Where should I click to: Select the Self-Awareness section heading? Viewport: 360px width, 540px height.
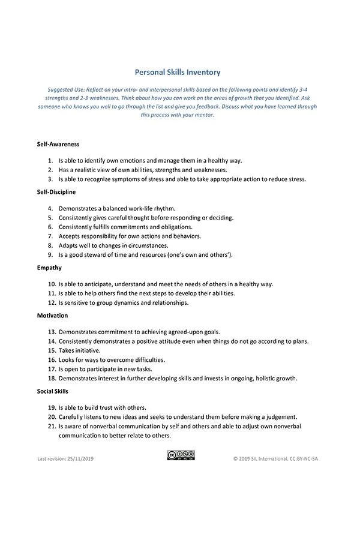coord(58,145)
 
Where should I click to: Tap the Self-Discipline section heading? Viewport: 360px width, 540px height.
coord(56,193)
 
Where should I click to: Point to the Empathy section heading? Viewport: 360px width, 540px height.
coord(49,268)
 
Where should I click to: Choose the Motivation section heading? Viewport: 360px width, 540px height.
coord(52,316)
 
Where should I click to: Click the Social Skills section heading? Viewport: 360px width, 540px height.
coord(53,391)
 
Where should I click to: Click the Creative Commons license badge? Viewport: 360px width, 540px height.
coord(181,456)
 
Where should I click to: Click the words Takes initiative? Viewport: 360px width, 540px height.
coord(79,350)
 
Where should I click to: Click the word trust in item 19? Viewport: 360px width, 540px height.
coord(113,407)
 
